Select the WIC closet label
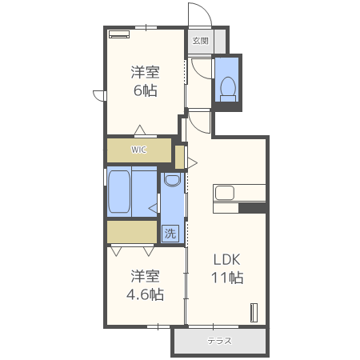tap(139, 150)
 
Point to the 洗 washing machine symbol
tap(170, 234)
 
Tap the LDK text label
tap(227, 259)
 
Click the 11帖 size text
tap(227, 278)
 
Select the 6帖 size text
tap(145, 90)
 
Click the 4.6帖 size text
tap(145, 294)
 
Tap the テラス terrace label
tap(219, 341)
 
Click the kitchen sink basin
tap(223, 193)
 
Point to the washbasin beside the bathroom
tap(171, 182)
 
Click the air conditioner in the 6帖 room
tap(120, 34)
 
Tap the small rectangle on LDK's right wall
tap(254, 312)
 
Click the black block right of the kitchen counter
tap(252, 209)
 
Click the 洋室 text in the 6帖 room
tap(145, 71)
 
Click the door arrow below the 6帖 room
tap(140, 130)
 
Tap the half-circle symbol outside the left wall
tap(99, 95)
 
